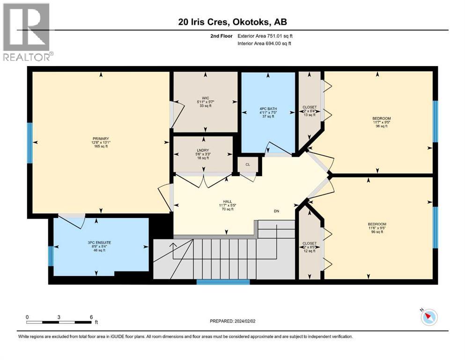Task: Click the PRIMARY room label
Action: [101, 138]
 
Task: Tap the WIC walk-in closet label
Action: [205, 99]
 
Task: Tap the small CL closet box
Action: [248, 165]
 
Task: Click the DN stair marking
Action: [277, 211]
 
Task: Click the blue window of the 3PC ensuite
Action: [51, 255]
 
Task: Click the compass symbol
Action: [428, 317]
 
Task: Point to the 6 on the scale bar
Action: [91, 317]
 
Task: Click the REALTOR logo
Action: [27, 32]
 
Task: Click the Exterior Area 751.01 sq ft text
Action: [268, 36]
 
